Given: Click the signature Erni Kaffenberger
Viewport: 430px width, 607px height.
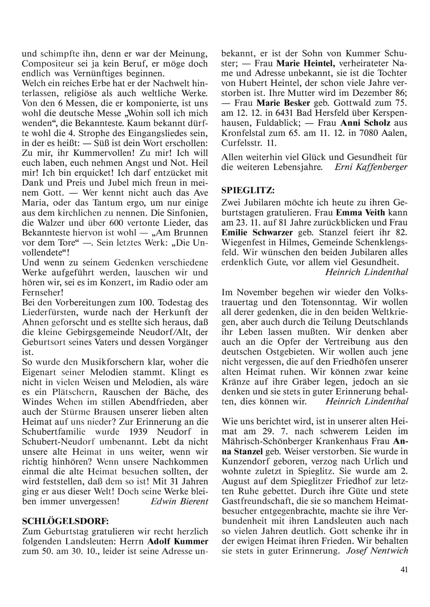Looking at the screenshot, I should pos(371,167).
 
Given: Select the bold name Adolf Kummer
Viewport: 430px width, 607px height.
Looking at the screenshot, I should pos(178,541).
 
